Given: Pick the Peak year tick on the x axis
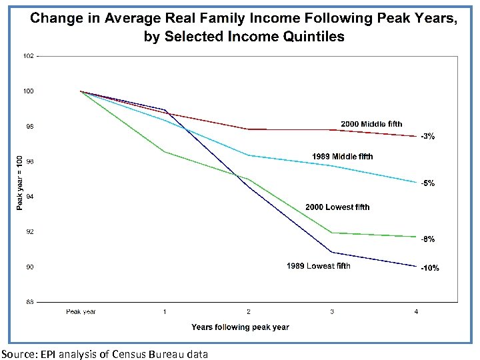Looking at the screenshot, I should [81, 312].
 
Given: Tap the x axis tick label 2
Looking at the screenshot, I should [248, 312].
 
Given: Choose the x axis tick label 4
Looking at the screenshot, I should [416, 312].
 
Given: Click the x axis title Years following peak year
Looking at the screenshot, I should [240, 327].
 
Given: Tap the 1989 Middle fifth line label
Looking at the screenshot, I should [343, 157].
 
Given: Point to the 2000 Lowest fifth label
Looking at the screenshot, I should [337, 207].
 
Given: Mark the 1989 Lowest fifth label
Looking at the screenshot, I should [318, 267].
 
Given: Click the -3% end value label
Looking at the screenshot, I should [428, 137].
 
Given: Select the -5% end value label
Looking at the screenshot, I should [428, 183].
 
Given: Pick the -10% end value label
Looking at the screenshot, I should [429, 268].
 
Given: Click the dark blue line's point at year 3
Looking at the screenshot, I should [332, 253].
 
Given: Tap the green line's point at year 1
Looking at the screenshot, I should [164, 152].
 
